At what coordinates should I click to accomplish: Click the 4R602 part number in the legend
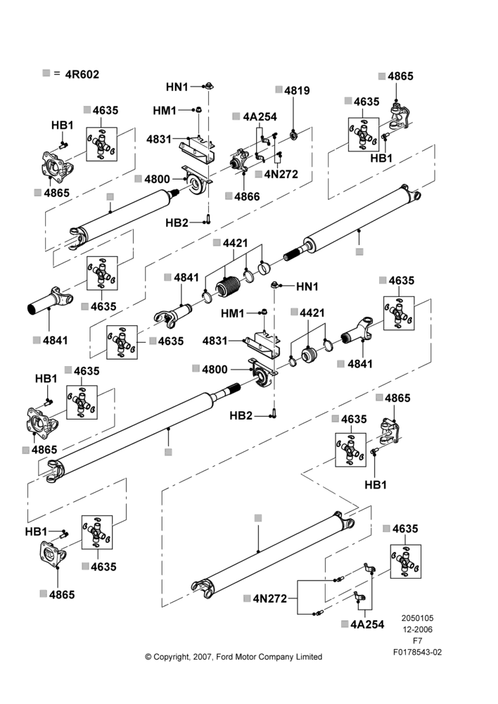pos(82,74)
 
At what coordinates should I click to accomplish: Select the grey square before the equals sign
pos(46,73)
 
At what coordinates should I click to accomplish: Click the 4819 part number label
pos(297,90)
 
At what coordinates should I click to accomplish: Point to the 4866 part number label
pos(247,196)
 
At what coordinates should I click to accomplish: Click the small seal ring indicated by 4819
pos(294,134)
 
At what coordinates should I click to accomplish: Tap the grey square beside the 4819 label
pos(279,89)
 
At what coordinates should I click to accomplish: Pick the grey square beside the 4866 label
pos(229,196)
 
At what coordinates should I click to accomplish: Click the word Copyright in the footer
pos(172,657)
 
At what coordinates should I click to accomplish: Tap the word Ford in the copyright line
pos(224,657)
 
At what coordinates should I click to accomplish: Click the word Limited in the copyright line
pos(309,657)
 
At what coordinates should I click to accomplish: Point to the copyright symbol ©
pos(148,657)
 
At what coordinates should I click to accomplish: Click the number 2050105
pos(417,618)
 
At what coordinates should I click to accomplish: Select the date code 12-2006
pos(417,629)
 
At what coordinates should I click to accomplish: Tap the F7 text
pos(417,641)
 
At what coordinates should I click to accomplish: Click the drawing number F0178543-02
pos(417,652)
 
